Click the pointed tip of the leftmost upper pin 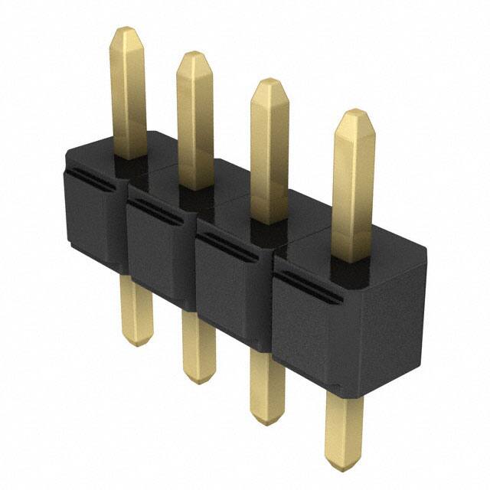pos(126,32)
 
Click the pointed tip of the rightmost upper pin pos(354,115)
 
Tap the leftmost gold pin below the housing pos(138,306)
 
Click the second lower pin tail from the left pos(198,345)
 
